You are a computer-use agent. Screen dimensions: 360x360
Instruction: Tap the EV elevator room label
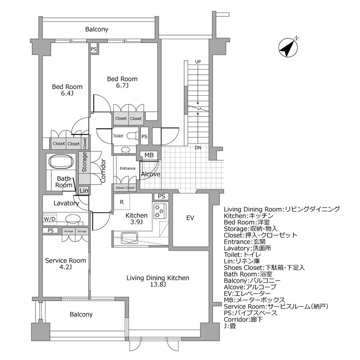click(190, 218)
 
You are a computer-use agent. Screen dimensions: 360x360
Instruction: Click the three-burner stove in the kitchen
click(159, 211)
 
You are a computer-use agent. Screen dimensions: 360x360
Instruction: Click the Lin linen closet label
click(84, 190)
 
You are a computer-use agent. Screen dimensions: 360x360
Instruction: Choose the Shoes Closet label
click(125, 188)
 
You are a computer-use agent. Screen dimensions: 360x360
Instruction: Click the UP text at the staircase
click(198, 62)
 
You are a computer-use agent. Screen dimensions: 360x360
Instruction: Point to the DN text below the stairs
click(198, 147)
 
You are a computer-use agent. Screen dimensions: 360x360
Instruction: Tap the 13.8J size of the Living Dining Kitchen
click(158, 285)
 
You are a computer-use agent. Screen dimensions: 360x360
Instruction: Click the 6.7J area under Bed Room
click(122, 86)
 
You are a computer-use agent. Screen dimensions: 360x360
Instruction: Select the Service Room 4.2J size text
click(65, 267)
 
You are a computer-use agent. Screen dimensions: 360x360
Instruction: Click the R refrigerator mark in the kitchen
click(122, 202)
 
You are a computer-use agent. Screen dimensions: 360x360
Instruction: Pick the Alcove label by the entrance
click(151, 174)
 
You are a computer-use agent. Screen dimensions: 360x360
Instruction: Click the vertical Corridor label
click(103, 171)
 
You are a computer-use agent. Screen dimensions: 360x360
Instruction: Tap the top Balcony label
click(97, 29)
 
